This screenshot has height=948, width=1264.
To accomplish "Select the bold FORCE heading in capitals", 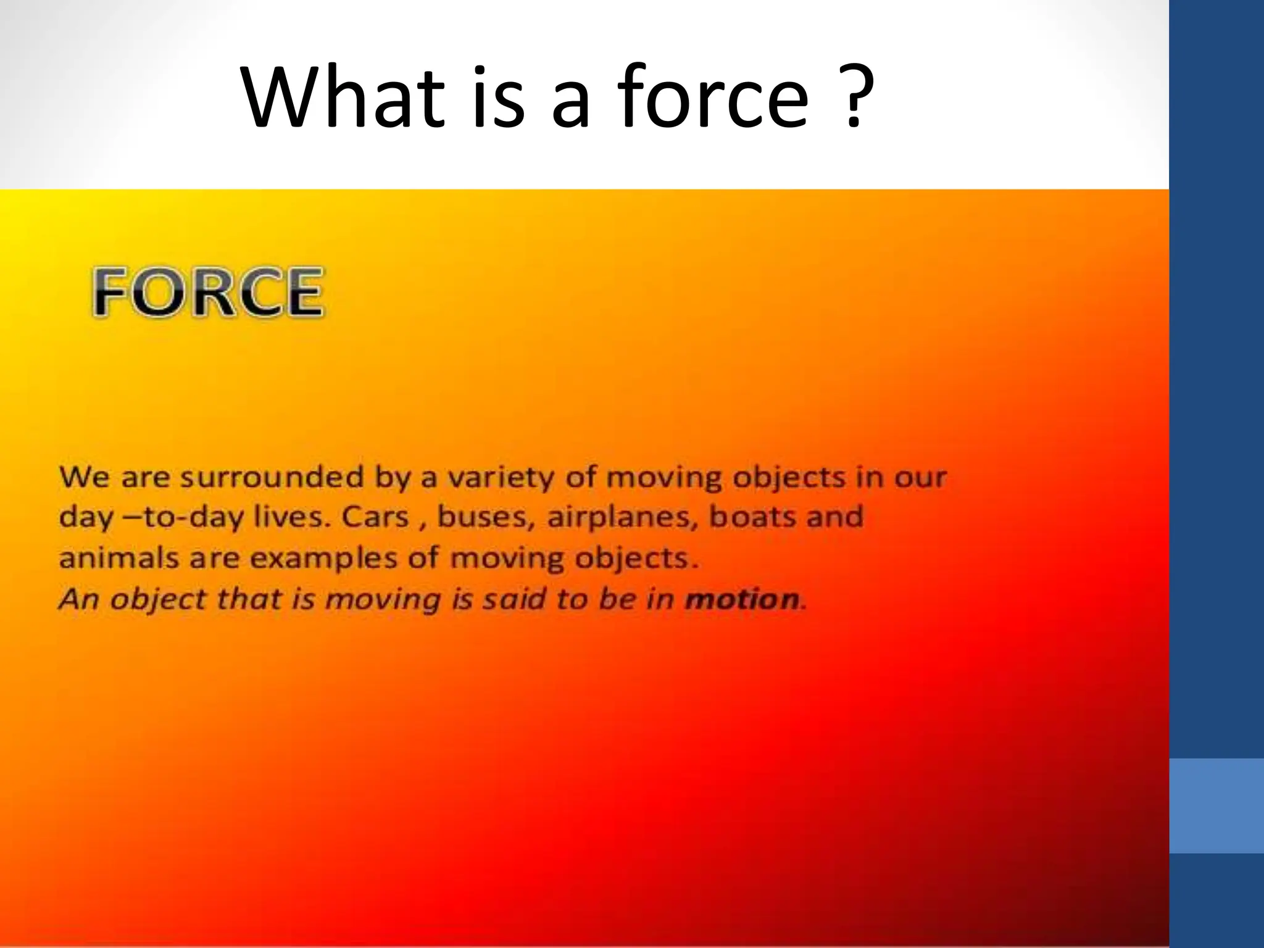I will point(208,292).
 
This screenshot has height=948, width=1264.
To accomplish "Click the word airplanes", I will point(623,517).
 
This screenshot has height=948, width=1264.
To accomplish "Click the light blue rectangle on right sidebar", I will point(1216,805).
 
